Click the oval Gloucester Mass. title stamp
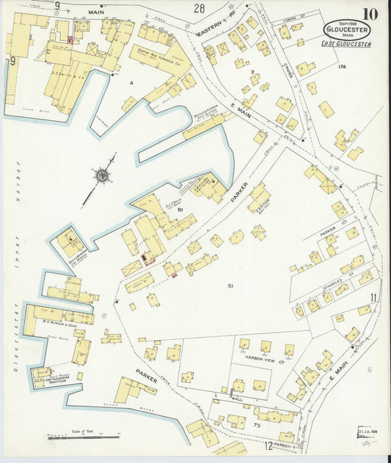pyautogui.click(x=347, y=30)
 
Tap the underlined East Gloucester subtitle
pyautogui.click(x=347, y=45)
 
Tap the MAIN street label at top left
pyautogui.click(x=96, y=12)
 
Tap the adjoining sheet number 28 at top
pyautogui.click(x=199, y=9)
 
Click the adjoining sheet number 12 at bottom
pyautogui.click(x=268, y=445)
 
